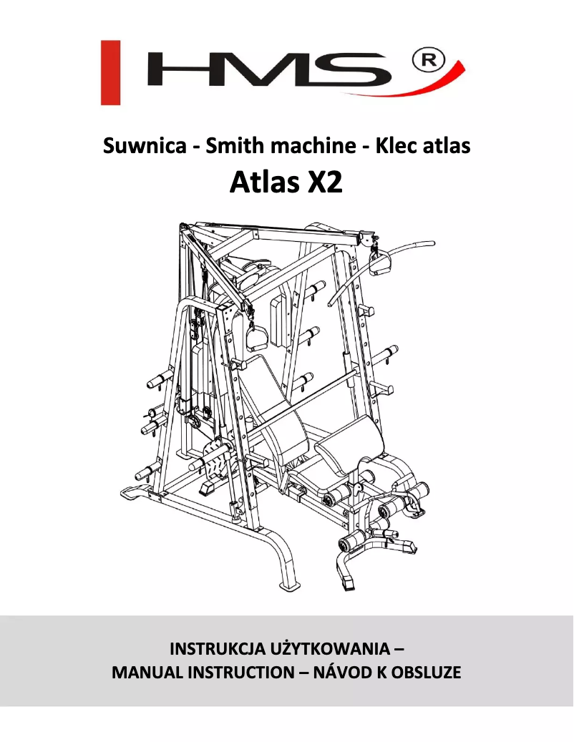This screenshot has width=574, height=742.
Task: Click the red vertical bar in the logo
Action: coord(110,72)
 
